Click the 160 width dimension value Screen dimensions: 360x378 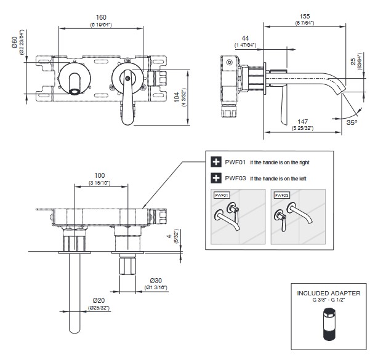point(102,17)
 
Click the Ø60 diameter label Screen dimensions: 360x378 point(14,45)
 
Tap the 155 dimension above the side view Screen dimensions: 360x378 point(304,17)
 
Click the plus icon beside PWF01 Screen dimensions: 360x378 point(216,162)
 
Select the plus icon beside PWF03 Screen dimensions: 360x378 point(216,178)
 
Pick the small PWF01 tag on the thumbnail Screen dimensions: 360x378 point(221,195)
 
